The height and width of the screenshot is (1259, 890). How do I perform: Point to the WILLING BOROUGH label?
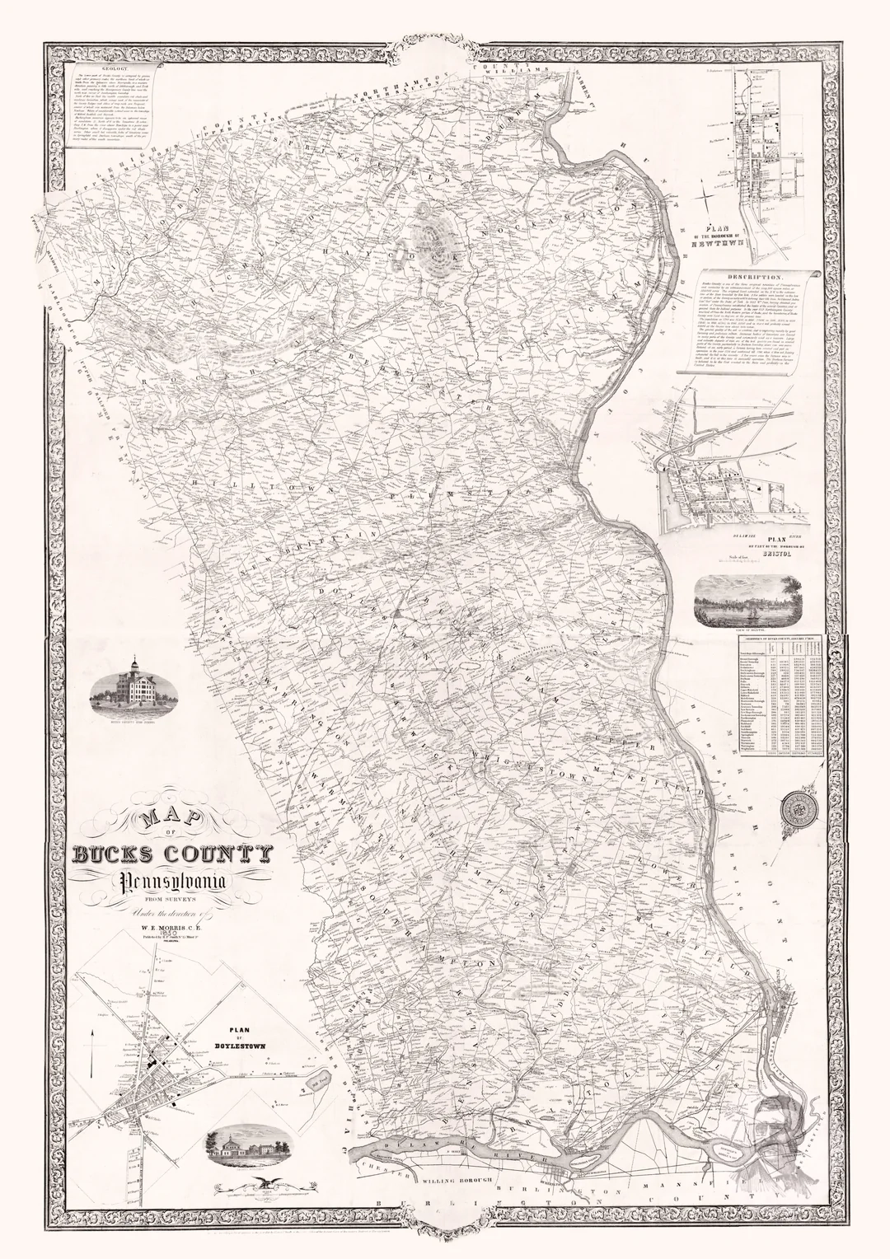(x=453, y=1180)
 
